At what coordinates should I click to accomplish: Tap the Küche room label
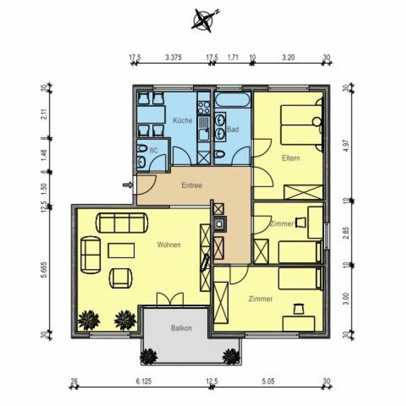click(x=182, y=120)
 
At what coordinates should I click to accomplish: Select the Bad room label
click(x=233, y=129)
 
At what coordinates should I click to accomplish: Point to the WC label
click(x=153, y=151)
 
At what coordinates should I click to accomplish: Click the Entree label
click(x=192, y=185)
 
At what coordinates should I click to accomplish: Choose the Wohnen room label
click(x=169, y=244)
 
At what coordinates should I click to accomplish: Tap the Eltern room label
click(x=291, y=158)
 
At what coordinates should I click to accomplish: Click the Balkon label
click(x=181, y=328)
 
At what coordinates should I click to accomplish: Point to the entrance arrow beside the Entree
click(x=128, y=185)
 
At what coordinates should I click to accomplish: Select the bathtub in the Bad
click(x=233, y=100)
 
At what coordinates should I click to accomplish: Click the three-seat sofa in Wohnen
click(x=122, y=222)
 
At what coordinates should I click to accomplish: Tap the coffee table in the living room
click(x=121, y=250)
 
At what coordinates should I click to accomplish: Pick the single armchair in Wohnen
click(x=121, y=278)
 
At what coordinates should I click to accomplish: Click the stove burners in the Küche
click(x=204, y=107)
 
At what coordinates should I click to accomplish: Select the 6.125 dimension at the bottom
click(x=144, y=381)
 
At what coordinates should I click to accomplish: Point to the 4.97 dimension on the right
click(x=347, y=145)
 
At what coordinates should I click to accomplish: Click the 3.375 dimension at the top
click(x=173, y=58)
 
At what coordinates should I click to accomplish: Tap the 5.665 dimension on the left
click(x=44, y=270)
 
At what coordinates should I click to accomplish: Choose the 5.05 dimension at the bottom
click(x=268, y=381)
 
